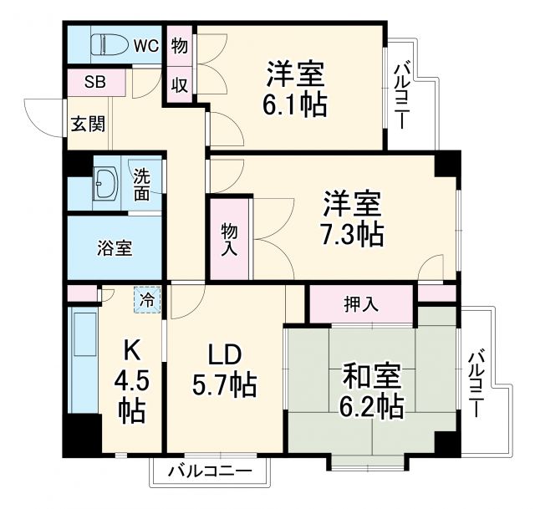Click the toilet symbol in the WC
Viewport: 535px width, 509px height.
(x=103, y=43)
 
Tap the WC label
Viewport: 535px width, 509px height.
(x=147, y=45)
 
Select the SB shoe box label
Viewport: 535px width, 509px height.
(x=95, y=83)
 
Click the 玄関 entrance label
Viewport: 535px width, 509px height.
(x=87, y=125)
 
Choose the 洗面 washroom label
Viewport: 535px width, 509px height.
(x=142, y=183)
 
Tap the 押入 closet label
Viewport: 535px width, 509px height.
(x=360, y=303)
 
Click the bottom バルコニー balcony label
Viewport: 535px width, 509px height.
(x=209, y=472)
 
